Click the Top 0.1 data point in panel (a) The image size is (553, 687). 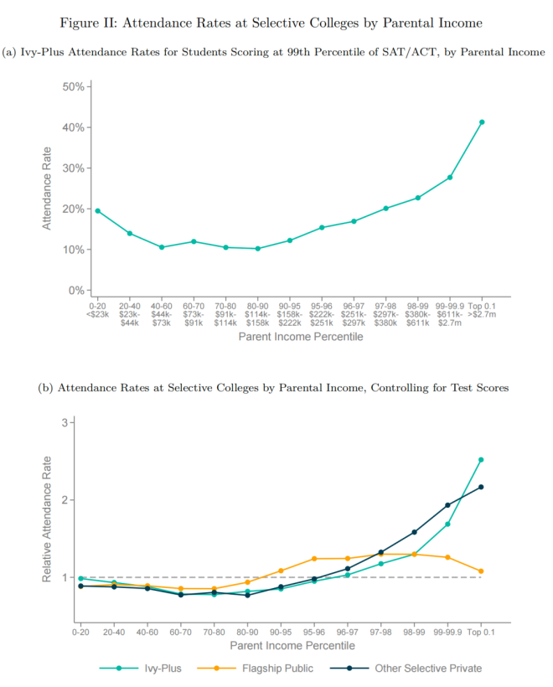[482, 122]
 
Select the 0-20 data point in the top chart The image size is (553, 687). [98, 211]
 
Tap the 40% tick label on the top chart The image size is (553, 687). [73, 127]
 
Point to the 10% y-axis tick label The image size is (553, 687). [73, 250]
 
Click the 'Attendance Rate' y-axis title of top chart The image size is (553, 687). [47, 189]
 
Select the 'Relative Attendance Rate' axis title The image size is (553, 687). [47, 519]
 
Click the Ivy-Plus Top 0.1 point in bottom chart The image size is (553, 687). [481, 460]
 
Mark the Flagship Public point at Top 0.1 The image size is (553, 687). [481, 571]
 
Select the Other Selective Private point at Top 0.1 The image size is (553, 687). [481, 487]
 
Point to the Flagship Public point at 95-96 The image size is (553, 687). [315, 559]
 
